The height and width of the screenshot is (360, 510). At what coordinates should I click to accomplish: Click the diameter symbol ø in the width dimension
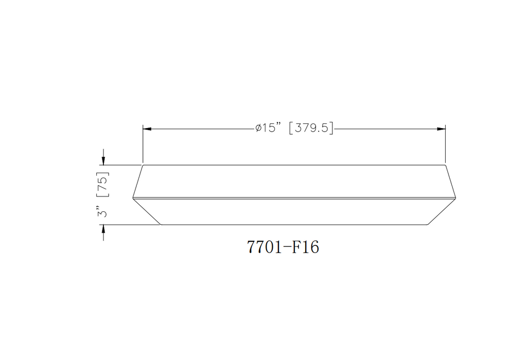(258, 129)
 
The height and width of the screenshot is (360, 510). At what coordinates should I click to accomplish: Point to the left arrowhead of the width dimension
(147, 129)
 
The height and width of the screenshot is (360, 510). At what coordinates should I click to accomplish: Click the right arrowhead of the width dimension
(441, 129)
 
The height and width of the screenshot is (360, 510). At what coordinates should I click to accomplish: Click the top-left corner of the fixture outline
(143, 165)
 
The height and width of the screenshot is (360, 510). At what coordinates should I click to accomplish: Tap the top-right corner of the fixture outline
(445, 165)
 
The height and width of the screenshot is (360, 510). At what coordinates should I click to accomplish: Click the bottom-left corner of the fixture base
(162, 225)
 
